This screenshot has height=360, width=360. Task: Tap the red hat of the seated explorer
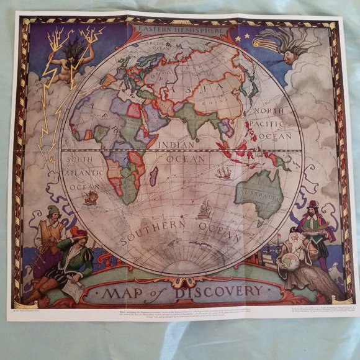point(78,233)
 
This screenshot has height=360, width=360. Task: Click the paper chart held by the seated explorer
point(73,290)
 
